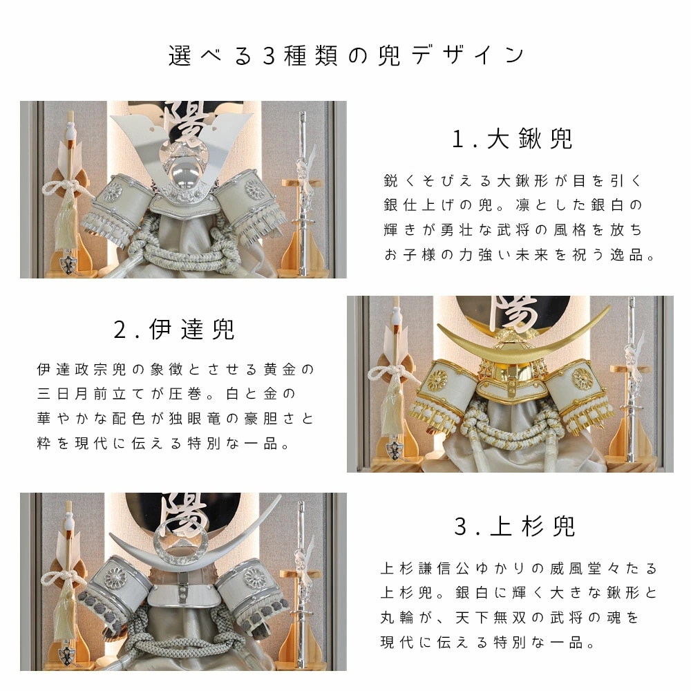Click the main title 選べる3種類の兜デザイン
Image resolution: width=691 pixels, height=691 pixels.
point(345,55)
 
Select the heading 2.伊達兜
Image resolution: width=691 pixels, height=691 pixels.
point(175,330)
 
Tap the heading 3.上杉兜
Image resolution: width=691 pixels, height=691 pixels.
point(515,527)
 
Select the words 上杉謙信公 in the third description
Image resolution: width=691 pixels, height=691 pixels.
point(430,568)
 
